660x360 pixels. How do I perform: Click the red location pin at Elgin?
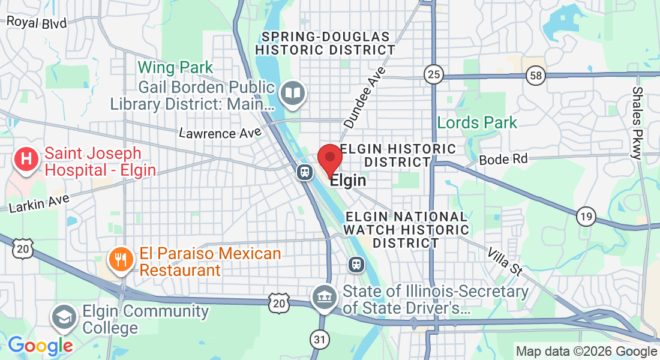point(329,158)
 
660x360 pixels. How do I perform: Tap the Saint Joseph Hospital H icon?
point(26,160)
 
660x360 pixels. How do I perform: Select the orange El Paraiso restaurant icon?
point(120,260)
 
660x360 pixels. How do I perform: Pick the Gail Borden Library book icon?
point(293,93)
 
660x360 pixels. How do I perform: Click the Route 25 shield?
point(433,74)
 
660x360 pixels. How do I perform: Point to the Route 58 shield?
point(535,75)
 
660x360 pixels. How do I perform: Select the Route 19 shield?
point(586,216)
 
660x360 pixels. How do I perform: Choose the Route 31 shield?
point(320,340)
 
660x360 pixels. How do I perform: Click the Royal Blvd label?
point(37,23)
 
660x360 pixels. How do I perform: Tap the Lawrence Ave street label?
point(220,133)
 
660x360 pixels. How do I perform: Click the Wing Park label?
point(175,67)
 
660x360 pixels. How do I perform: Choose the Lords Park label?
point(477,123)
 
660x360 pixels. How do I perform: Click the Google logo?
point(40,346)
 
